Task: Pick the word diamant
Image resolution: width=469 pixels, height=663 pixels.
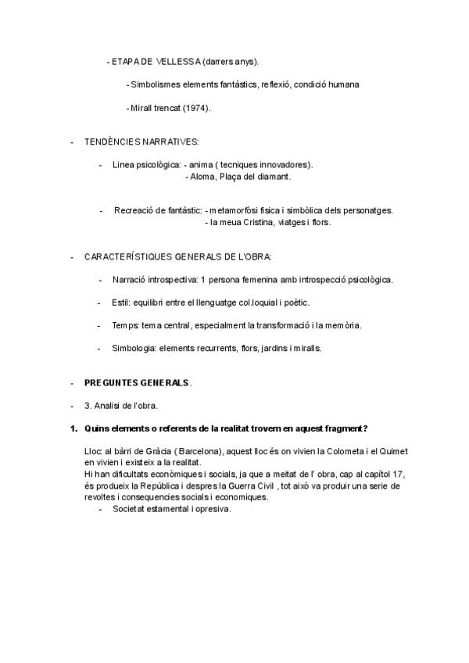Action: (273, 177)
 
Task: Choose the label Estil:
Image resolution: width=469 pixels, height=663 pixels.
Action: (121, 302)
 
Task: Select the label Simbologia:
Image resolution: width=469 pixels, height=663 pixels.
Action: (134, 348)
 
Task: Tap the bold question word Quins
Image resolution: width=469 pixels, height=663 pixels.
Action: (98, 428)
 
